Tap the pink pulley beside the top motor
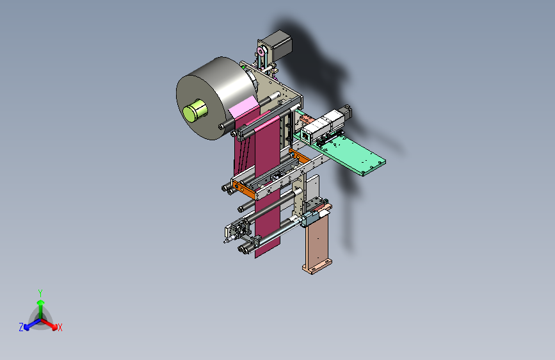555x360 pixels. click(261, 52)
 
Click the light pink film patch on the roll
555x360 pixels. click(243, 106)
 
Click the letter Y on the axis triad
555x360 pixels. click(40, 293)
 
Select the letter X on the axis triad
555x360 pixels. click(60, 328)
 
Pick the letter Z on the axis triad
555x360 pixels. click(21, 327)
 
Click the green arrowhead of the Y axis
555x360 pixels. click(41, 302)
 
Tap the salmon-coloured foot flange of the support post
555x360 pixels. click(317, 266)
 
